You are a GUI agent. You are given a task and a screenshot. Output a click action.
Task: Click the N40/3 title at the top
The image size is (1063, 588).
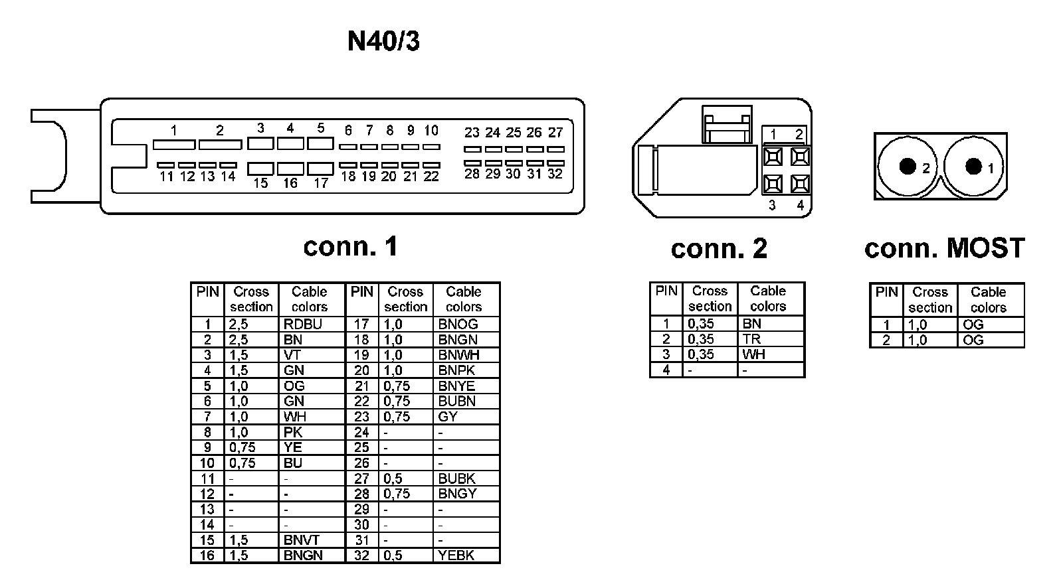point(383,42)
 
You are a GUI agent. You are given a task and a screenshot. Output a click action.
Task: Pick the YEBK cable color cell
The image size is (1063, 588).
point(456,555)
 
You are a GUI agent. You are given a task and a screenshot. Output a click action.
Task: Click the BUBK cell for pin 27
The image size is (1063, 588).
point(456,478)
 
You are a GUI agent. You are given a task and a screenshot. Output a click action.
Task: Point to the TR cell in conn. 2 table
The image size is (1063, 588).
point(752,339)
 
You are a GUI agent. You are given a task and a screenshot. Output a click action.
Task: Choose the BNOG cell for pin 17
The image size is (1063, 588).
point(458,325)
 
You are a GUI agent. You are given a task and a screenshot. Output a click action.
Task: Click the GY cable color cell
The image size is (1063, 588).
point(448,417)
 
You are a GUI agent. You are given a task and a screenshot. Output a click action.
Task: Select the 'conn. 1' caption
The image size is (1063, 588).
point(350,247)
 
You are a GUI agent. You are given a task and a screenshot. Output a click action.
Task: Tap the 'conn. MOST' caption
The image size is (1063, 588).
point(944,248)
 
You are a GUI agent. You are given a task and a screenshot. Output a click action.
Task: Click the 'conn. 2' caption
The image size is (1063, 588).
point(719,249)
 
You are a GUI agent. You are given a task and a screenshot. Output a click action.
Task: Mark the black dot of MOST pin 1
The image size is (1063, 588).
point(973,166)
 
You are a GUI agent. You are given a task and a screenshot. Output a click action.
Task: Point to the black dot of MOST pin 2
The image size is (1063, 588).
point(908,166)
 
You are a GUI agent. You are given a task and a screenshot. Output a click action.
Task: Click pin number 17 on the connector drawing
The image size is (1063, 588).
point(321,183)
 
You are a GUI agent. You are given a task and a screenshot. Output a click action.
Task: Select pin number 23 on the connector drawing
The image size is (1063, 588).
point(472,133)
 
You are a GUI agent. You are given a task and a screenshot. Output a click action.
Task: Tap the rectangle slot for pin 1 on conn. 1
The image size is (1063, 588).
point(173,144)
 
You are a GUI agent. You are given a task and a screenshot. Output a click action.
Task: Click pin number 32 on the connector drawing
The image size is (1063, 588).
point(555,174)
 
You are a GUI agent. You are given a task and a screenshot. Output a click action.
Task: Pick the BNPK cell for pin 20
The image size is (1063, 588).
point(456,370)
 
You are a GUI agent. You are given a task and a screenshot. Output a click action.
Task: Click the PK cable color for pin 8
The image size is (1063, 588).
point(293,432)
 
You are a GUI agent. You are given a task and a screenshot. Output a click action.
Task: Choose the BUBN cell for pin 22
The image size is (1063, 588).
point(456,402)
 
